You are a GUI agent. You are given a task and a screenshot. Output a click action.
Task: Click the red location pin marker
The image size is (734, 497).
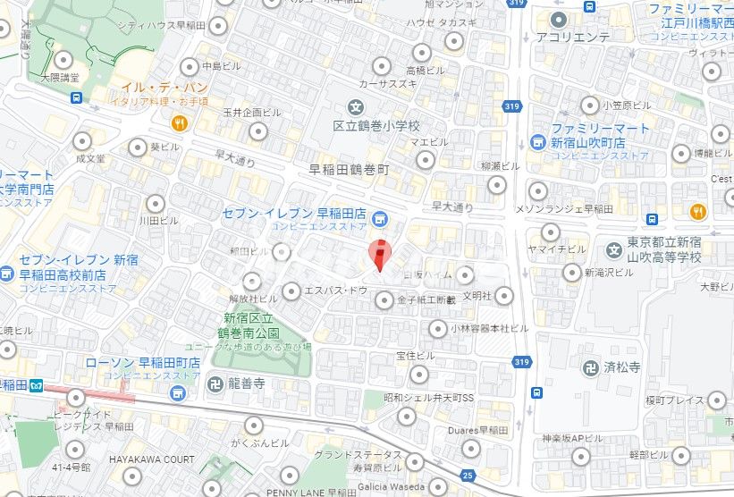379,254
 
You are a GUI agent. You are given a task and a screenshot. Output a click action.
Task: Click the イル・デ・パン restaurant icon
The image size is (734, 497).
180,124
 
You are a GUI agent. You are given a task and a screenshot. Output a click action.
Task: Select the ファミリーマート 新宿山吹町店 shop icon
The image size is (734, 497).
537,141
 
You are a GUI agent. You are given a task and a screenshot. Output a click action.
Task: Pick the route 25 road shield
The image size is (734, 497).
467,475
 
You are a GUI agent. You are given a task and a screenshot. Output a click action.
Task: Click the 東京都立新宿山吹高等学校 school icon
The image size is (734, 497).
613,248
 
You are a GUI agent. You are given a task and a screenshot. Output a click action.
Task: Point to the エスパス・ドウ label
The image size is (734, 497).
336,291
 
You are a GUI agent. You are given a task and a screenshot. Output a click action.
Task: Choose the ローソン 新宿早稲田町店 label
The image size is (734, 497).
142,363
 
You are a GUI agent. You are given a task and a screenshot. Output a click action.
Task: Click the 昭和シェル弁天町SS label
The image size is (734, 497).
427,398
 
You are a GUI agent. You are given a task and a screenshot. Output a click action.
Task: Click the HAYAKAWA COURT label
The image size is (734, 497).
152,459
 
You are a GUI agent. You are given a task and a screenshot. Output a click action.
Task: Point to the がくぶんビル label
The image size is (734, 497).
259,442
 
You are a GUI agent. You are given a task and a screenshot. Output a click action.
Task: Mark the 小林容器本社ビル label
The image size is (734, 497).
479,328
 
